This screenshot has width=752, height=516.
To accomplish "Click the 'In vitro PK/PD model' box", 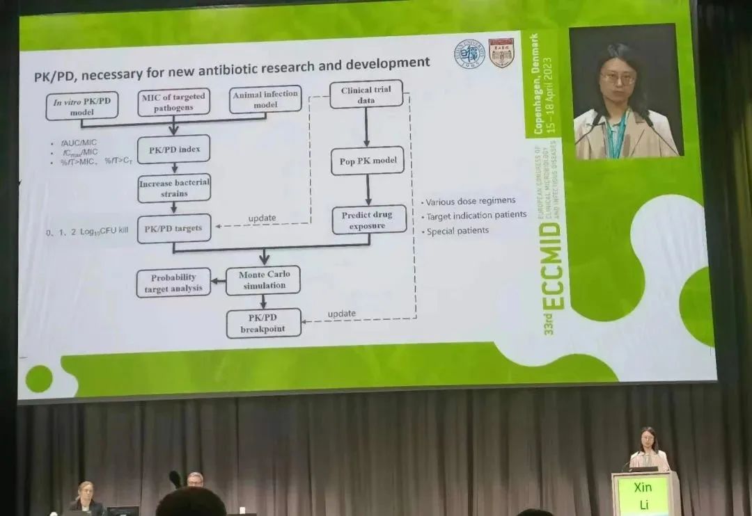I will pos(81,106).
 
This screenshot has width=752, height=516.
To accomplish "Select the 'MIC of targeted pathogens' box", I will pos(173,102).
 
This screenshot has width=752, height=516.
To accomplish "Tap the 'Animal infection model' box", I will pos(265,99).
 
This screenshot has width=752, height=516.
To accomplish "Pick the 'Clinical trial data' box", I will pos(366,95).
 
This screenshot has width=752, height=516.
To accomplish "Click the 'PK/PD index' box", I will pos(173,149).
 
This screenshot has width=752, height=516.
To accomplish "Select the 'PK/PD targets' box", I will pos(173,228).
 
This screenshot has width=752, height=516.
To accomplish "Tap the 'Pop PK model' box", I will pos(367,161).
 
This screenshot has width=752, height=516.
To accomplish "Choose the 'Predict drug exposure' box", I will pos(368,219).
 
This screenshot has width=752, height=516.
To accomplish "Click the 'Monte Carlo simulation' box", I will pos(264,280).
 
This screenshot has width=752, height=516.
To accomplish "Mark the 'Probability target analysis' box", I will pos(173,282).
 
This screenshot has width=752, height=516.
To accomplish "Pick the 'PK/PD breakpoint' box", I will pos(263,323).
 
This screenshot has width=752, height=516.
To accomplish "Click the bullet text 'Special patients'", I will pos(457,230).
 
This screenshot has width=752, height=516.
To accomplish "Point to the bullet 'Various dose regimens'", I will pos(471,202).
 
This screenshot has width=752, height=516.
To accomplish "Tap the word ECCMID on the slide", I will pos(554,264).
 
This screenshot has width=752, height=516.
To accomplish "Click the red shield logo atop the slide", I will pos(501,53).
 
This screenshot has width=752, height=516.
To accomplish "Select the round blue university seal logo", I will pos(469,54).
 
